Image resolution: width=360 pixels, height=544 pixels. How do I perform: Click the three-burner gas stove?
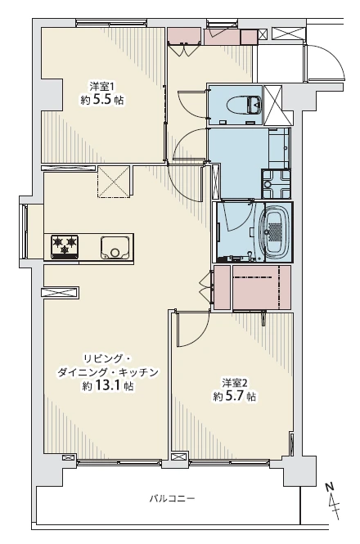65,247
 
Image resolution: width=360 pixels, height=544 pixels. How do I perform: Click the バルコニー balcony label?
172,498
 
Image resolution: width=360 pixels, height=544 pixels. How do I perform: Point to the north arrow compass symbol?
333,501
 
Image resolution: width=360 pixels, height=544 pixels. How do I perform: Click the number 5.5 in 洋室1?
102,101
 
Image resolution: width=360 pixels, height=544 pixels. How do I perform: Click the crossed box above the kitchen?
114,182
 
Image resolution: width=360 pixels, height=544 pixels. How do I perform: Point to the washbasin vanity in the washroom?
280,148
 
